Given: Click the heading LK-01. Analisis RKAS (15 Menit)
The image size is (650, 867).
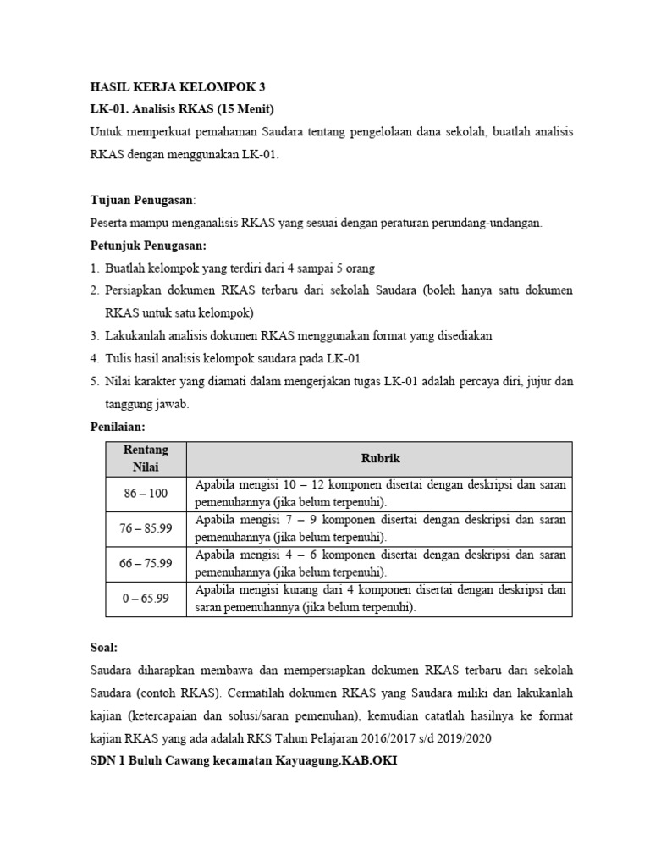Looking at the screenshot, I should coord(182,109).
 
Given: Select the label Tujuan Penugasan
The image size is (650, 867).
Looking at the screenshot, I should coord(141,200).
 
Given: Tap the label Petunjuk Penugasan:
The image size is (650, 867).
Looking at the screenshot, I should coord(148,246).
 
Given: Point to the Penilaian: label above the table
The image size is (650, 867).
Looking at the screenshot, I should coord(118,428).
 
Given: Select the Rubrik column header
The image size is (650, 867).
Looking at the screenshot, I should coord(379,458).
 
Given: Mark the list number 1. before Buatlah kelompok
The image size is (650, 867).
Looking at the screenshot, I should coord(94,268).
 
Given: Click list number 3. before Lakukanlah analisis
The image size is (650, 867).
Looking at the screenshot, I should coord(94,336).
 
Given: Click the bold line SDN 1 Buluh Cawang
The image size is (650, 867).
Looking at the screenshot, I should coord(243,761).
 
